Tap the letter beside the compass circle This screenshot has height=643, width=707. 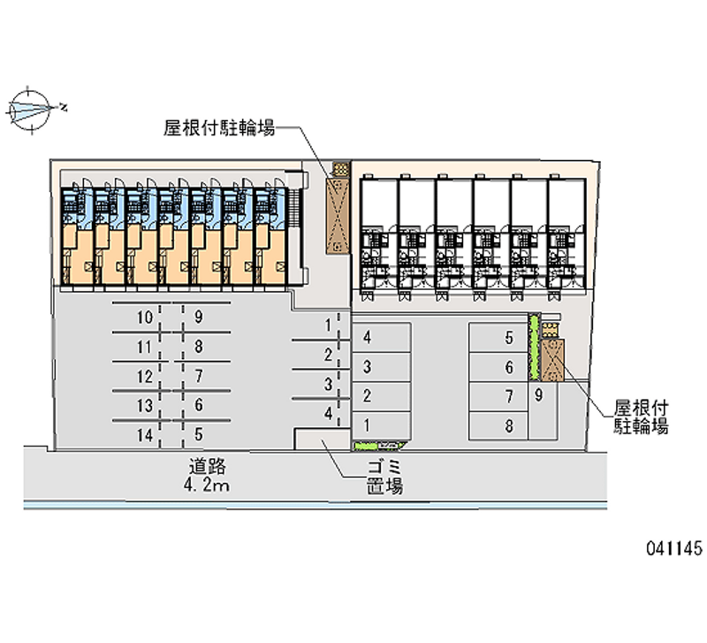(x=64, y=108)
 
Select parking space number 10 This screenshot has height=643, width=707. (x=145, y=317)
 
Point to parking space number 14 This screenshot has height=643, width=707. (x=145, y=435)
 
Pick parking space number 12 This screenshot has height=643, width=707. (x=145, y=376)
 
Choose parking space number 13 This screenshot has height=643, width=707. (x=145, y=406)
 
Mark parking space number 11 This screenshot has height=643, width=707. (x=145, y=347)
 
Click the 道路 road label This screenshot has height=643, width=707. (x=205, y=465)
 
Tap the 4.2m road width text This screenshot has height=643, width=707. (x=207, y=486)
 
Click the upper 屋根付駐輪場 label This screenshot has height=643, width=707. (x=218, y=128)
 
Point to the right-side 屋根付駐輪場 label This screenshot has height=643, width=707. (x=642, y=417)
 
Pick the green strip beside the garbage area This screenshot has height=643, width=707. (x=377, y=445)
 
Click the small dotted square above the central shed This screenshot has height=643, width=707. (x=339, y=168)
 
